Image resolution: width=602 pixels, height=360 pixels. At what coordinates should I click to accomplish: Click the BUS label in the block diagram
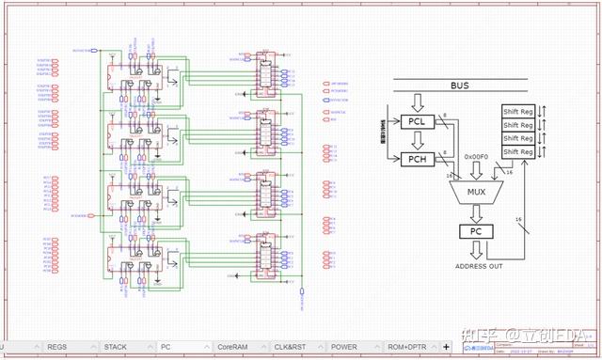coord(459,86)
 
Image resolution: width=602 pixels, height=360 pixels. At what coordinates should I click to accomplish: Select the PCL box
coord(416,121)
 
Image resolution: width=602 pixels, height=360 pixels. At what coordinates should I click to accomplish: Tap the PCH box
coord(416,160)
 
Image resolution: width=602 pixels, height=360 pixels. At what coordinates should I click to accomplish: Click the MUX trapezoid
coord(476,194)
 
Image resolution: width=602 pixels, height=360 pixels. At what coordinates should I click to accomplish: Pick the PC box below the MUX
coord(474,231)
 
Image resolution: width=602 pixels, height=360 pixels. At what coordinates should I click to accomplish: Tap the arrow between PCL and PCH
coord(416,141)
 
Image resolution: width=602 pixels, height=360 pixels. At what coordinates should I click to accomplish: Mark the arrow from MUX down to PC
coord(475,214)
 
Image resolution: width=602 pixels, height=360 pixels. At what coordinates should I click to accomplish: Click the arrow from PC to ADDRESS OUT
coord(475,249)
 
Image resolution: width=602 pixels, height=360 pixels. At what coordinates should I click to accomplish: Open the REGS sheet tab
coord(58,347)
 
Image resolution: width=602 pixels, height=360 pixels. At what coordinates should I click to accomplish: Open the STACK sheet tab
coord(117,347)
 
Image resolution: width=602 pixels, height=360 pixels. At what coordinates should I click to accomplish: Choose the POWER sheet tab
coord(344,347)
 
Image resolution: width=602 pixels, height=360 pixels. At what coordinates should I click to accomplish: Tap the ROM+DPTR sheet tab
coord(411,347)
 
